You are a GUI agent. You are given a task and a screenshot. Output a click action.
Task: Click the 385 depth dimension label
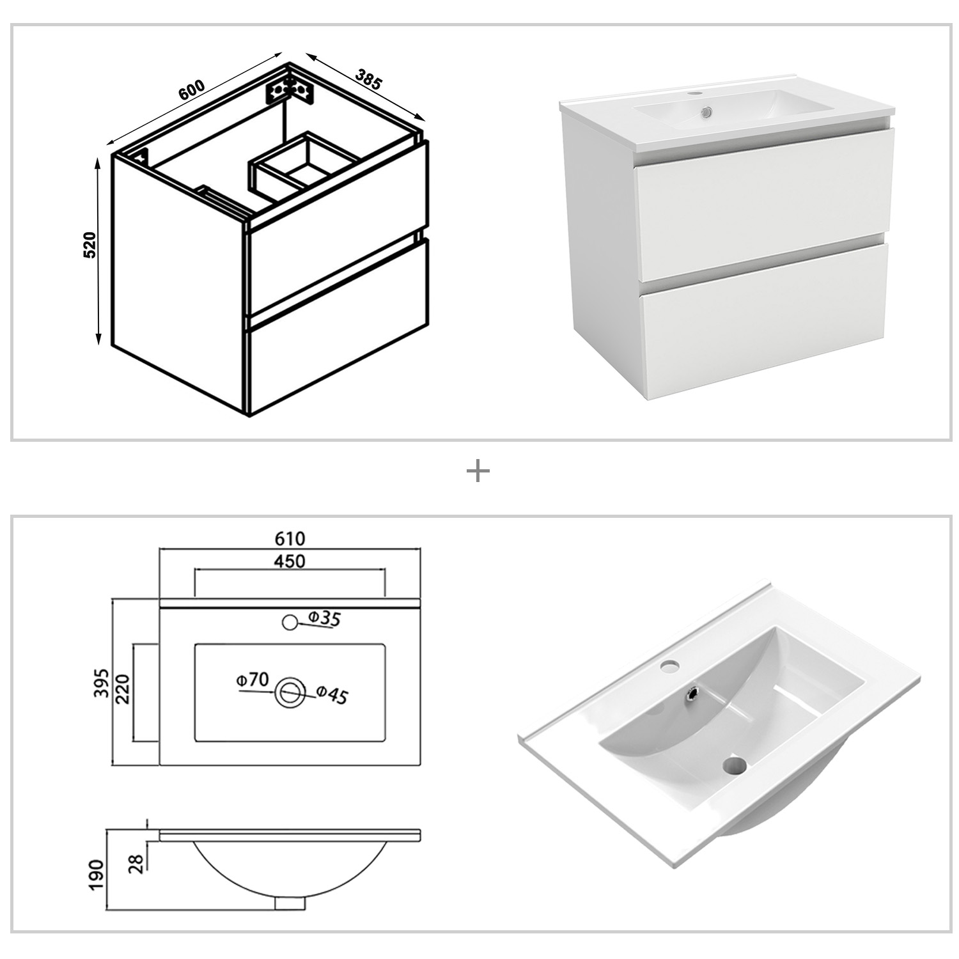[368, 79]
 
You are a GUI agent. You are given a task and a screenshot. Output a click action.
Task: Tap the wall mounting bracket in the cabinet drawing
[290, 90]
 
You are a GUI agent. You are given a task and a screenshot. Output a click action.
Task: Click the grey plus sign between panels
[478, 472]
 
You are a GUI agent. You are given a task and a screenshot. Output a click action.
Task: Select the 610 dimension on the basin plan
[290, 538]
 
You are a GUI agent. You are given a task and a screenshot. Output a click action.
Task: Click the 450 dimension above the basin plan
[290, 561]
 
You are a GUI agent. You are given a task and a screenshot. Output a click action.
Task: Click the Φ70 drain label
[252, 680]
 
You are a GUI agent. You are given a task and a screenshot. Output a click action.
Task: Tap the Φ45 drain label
[332, 695]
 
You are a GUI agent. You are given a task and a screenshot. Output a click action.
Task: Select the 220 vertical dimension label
[123, 689]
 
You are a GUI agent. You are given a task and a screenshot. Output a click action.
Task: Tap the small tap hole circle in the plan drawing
[290, 621]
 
